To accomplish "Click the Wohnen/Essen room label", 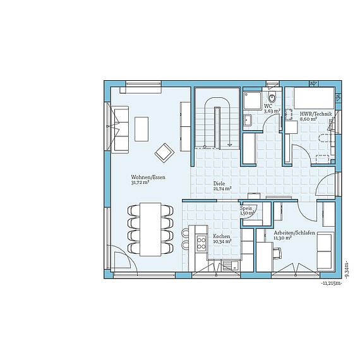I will (x=148, y=177).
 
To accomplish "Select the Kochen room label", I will (x=222, y=236).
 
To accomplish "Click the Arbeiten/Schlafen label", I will (x=295, y=232).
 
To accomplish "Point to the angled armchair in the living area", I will (x=165, y=152).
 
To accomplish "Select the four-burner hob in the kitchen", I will (x=201, y=241).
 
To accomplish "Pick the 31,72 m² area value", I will (x=140, y=183).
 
